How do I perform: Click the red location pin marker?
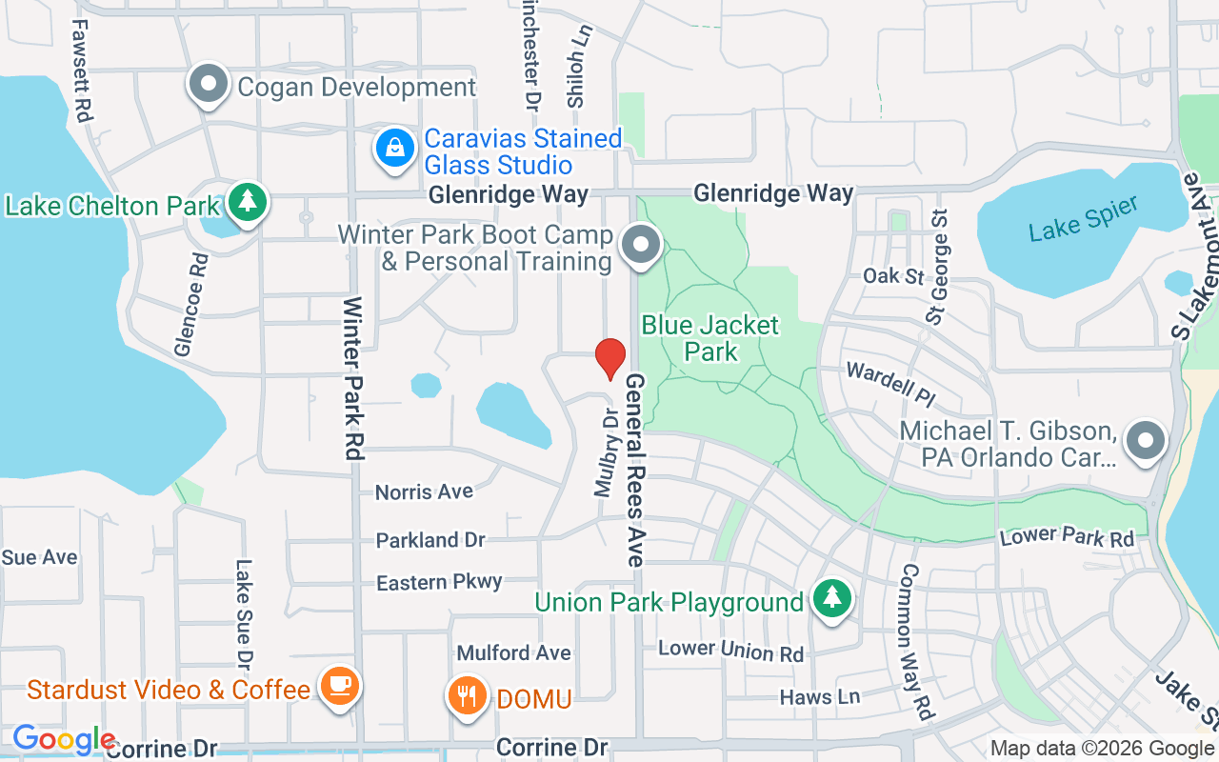610,358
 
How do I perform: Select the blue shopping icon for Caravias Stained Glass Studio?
393,150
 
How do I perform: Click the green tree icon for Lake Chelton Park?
249,201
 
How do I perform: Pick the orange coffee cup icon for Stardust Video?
338,685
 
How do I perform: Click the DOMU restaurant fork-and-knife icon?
466,696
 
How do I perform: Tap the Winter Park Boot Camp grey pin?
641,245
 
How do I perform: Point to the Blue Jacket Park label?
710,338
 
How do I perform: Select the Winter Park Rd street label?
352,378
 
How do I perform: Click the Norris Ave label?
424,491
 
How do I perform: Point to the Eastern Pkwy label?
439,582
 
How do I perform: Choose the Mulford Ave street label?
513,652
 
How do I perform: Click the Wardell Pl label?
889,381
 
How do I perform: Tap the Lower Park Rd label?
1067,537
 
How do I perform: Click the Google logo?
63,739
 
